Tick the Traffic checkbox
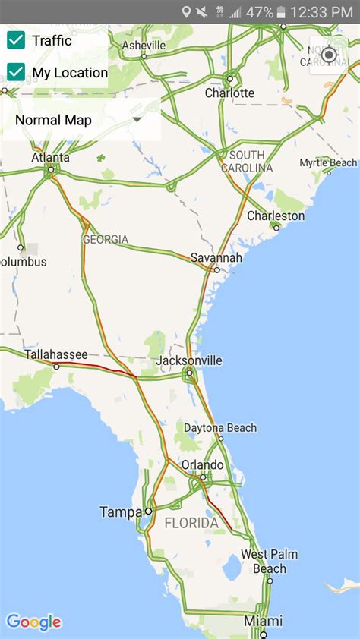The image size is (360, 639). pos(16,40)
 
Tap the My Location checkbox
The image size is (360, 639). pos(16,72)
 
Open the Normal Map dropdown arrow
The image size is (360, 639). pos(137,120)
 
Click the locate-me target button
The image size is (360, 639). pos(329,55)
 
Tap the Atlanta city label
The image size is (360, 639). pos(50,158)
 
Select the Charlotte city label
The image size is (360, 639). pos(229,93)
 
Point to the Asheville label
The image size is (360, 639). pos(144,46)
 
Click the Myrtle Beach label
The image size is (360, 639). pos(327,162)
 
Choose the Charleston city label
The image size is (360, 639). pos(276,216)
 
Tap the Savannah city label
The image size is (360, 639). pos(216,257)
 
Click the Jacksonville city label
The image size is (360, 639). pos(189,360)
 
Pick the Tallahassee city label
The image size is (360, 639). pos(55,354)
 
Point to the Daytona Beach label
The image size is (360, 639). pos(219,427)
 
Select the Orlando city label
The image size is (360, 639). pos(202,464)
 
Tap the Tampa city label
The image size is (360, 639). pos(121,512)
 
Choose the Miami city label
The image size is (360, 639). pos(263,622)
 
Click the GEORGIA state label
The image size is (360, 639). pos(106,240)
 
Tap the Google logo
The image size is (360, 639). pos(33,622)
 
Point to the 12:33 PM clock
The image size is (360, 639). pos(326,12)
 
